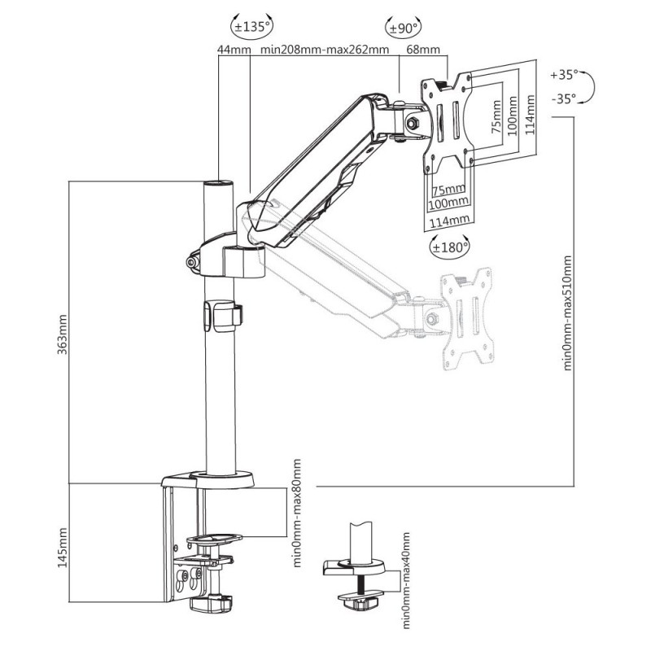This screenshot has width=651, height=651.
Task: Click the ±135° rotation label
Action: (252, 28)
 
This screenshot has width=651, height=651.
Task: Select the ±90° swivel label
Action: (403, 28)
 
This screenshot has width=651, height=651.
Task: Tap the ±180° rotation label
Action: (451, 248)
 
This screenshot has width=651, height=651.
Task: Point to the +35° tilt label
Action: (564, 75)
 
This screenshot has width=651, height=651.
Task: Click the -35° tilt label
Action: (564, 98)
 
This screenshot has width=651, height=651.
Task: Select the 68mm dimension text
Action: (423, 50)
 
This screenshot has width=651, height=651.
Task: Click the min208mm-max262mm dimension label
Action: (325, 50)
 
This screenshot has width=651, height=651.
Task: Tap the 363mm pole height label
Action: (63, 334)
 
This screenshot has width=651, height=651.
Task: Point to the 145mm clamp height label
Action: (63, 548)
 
